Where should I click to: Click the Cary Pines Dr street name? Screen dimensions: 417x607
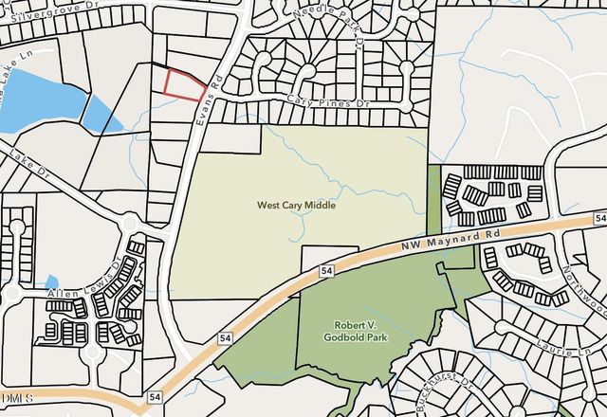pyautogui.click(x=325, y=101)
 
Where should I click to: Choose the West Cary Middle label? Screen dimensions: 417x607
pyautogui.click(x=297, y=205)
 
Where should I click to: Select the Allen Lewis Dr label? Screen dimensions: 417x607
pyautogui.click(x=84, y=283)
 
